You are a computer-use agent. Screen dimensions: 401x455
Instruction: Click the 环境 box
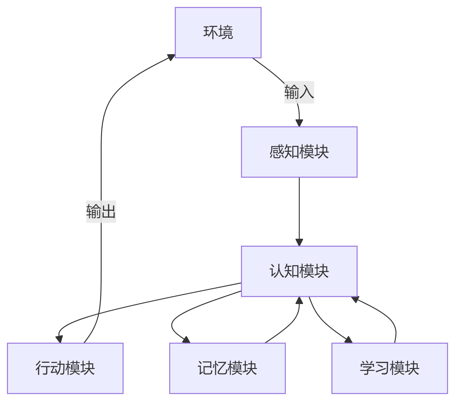pos(218,33)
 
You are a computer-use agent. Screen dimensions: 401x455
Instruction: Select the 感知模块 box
pos(299,152)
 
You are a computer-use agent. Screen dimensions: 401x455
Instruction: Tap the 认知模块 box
pos(299,271)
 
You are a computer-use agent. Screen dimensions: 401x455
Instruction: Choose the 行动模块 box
pos(65,368)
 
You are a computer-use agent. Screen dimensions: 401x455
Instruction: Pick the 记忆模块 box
pos(227,368)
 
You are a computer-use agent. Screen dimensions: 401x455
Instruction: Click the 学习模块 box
pos(389,368)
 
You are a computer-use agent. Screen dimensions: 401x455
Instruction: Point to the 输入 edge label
pos(299,92)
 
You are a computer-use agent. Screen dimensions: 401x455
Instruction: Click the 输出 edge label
pos(101,212)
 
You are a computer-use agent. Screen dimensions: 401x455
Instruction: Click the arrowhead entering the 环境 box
pos(171,57)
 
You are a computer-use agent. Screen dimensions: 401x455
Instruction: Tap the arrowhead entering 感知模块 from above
pos(299,123)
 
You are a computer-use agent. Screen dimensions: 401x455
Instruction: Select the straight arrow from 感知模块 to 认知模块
pos(299,211)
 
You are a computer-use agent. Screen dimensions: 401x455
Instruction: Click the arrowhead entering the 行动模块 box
pos(59,339)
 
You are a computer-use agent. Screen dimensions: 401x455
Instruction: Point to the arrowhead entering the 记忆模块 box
pos(186,340)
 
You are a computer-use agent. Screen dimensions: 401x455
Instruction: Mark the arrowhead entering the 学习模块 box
pos(349,340)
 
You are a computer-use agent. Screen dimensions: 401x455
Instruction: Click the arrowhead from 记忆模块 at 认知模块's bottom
pos(299,301)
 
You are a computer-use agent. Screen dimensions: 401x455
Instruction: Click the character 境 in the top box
pos(225,33)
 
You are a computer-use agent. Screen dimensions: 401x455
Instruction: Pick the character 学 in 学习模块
pos(367,368)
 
